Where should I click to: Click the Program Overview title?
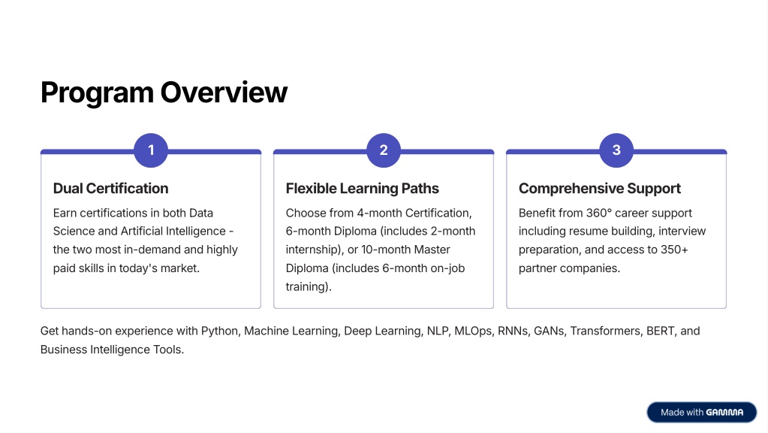pos(164,92)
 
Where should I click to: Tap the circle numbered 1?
pos(151,150)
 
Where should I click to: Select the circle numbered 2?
pos(384,150)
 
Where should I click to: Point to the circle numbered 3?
pos(616,150)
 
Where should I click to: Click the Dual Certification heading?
pos(110,188)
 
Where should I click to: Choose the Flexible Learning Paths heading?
pos(362,188)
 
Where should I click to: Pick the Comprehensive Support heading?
pos(600,188)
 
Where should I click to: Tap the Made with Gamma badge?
pos(701,413)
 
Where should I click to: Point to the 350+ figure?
pos(674,250)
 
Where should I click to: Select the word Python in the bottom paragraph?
pos(221,331)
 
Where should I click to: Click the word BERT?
pos(661,331)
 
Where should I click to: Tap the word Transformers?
pos(606,331)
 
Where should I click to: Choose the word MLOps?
pos(473,331)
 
